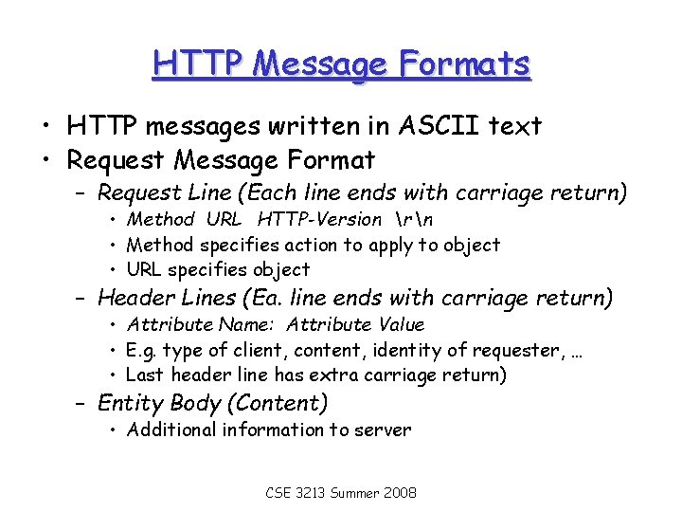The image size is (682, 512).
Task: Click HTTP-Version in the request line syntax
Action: (x=319, y=219)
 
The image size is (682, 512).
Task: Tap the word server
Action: (x=383, y=430)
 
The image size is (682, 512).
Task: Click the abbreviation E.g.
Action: (x=143, y=350)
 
